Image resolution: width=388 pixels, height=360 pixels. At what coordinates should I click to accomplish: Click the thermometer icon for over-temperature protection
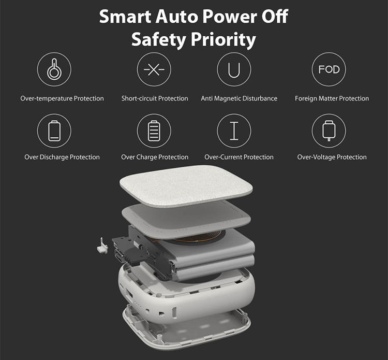click(x=53, y=69)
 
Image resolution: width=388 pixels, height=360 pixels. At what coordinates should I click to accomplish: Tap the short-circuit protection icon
click(x=154, y=69)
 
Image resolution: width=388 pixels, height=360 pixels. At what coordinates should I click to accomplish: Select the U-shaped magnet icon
click(x=234, y=69)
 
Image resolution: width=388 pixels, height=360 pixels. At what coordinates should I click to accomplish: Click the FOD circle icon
click(x=329, y=69)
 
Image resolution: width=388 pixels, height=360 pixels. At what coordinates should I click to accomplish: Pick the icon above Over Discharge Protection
click(x=54, y=131)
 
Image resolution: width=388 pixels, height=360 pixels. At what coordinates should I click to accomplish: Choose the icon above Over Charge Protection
click(x=154, y=131)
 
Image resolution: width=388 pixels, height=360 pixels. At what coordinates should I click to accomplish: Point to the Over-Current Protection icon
click(x=234, y=131)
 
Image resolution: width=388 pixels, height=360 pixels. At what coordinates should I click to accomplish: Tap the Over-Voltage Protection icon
click(x=329, y=131)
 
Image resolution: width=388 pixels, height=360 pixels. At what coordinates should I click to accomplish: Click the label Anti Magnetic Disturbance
click(x=239, y=98)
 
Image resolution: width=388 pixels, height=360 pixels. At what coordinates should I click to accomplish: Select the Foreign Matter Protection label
click(x=332, y=98)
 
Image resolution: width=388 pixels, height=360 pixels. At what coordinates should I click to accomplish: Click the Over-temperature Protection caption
click(x=62, y=98)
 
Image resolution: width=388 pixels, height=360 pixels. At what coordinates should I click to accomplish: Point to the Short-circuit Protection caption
click(x=155, y=98)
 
